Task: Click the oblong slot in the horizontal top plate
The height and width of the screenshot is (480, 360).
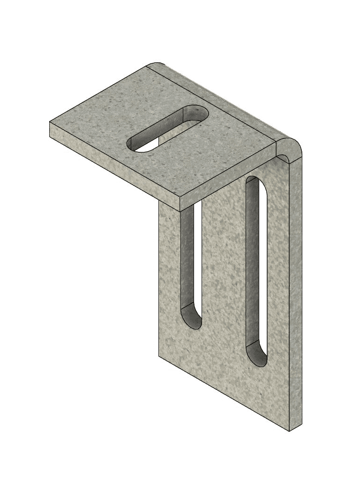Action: pos(168,128)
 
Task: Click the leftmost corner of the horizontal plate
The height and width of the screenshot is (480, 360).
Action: pos(50,123)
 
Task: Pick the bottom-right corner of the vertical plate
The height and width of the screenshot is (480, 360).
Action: pos(289,430)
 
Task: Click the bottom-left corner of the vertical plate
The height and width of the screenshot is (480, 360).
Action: pos(159,356)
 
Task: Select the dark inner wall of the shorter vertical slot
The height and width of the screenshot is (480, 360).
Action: pos(187,262)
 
